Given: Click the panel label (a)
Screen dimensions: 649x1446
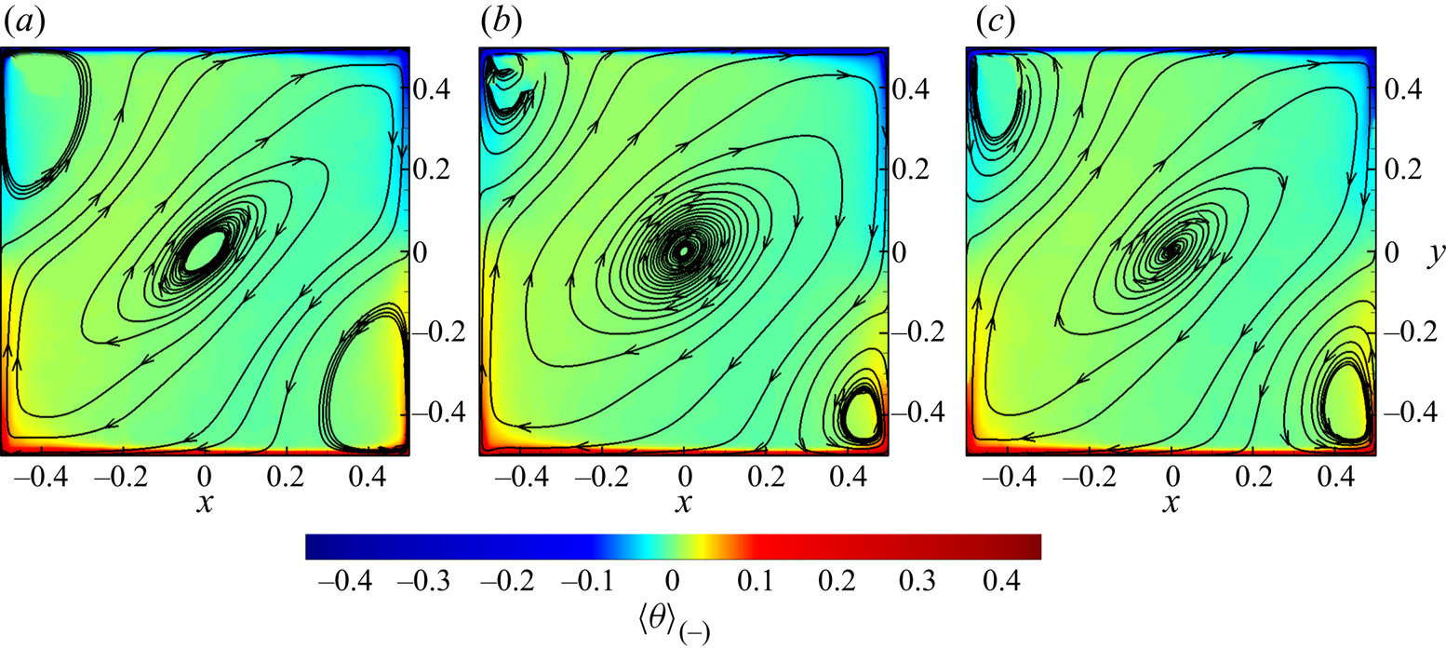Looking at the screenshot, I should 21,21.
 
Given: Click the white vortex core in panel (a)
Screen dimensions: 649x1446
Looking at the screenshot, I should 205,250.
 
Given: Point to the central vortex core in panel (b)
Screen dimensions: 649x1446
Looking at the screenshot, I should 684,250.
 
